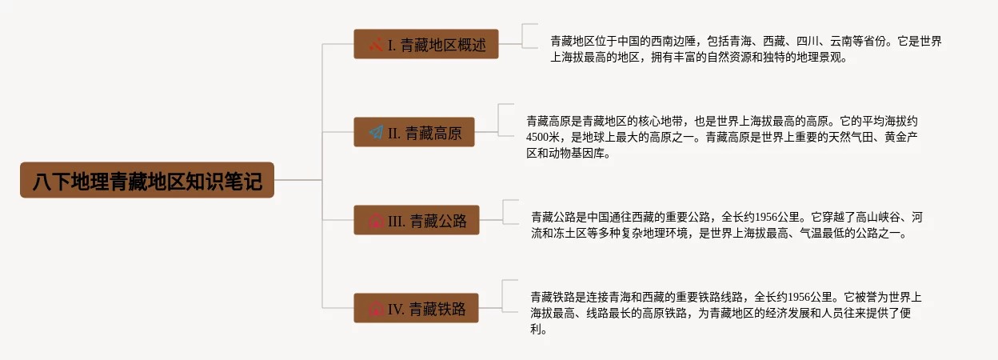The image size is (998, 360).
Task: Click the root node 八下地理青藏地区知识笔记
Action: (147, 181)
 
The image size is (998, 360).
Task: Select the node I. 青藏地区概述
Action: (426, 45)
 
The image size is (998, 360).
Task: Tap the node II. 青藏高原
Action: (414, 133)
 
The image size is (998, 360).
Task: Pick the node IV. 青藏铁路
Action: (416, 309)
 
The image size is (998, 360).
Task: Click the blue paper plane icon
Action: (377, 133)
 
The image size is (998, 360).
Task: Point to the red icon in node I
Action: (376, 45)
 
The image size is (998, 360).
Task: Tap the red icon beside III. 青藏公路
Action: (375, 221)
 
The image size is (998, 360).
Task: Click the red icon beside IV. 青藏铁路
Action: (375, 309)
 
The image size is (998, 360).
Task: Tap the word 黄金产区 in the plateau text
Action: (905, 138)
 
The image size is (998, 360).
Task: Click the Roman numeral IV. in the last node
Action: (397, 309)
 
